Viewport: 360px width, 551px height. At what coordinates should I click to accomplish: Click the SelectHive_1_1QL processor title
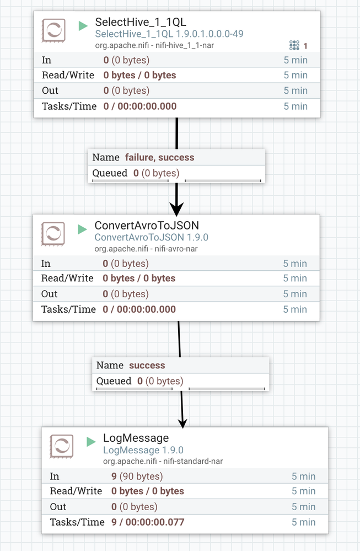[141, 22]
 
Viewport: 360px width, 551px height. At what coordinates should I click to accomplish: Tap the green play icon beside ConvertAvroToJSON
[82, 229]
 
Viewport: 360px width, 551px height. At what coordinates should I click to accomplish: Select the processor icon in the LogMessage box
[61, 446]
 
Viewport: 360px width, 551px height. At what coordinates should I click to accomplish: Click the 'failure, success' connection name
[159, 157]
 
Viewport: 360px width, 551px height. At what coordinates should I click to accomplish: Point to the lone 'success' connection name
[147, 366]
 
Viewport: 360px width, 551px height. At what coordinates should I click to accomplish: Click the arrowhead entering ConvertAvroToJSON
[176, 209]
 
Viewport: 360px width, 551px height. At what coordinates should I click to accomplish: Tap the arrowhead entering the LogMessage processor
[182, 424]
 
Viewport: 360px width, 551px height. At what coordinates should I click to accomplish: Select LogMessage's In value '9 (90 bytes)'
[137, 476]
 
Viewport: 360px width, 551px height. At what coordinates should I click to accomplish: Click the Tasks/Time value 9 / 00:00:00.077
[148, 522]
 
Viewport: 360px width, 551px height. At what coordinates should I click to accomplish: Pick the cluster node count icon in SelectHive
[294, 45]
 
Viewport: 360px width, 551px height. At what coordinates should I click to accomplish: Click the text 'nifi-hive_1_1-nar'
[184, 45]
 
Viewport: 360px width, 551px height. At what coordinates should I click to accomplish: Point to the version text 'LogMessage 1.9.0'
[143, 450]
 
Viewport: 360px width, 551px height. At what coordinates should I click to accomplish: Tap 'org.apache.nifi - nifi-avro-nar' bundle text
[146, 249]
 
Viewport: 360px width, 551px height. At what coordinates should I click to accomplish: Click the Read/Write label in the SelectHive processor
[68, 75]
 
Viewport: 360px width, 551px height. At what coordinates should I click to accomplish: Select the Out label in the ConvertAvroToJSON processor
[49, 294]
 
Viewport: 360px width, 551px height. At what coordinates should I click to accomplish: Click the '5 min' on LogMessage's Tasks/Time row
[303, 522]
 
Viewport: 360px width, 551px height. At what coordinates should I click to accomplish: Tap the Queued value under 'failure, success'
[156, 173]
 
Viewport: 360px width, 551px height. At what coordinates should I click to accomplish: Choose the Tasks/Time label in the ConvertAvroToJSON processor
[68, 309]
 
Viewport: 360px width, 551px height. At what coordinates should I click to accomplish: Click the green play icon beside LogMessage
[91, 442]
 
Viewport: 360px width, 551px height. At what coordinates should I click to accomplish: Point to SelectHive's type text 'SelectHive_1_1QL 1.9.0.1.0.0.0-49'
[169, 34]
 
